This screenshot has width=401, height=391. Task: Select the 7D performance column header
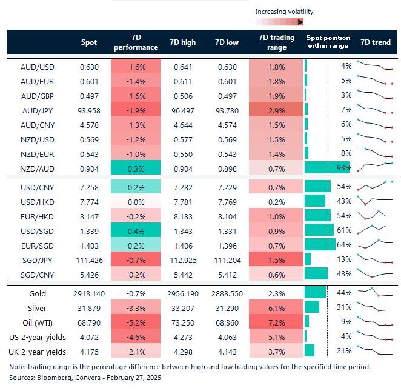[136, 42]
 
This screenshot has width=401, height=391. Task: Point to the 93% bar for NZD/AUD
[328, 167]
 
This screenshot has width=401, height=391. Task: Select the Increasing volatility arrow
[279, 22]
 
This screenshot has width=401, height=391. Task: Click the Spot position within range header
[327, 42]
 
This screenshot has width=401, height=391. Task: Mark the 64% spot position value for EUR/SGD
[344, 245]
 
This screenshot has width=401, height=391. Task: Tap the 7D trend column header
[375, 42]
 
